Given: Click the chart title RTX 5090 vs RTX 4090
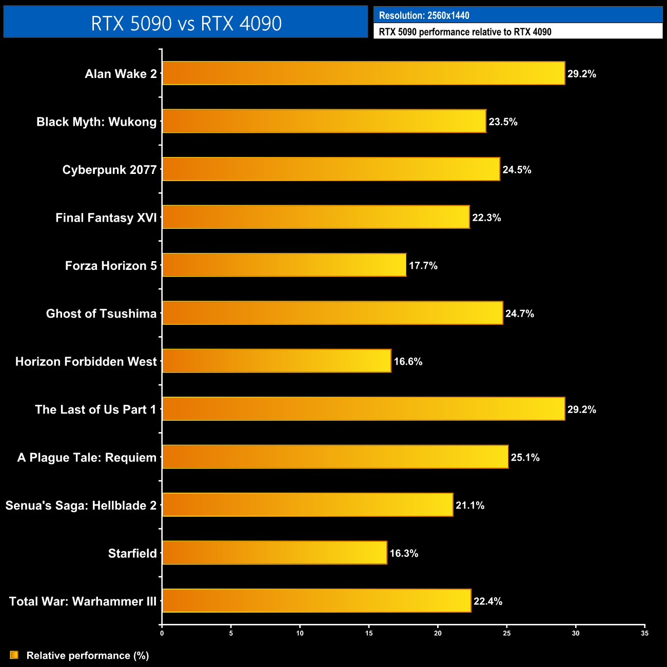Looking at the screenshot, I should pos(186,23).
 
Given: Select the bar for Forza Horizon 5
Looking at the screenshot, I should pos(284,265).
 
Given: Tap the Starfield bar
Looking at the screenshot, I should pos(274,553).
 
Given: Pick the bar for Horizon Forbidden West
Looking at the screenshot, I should pos(277,361).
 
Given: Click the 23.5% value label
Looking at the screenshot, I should pos(503,122).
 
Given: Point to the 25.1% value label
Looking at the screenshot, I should pos(525,458).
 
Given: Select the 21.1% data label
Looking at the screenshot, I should pos(470,505).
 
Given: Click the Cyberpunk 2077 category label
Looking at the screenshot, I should pos(109,170).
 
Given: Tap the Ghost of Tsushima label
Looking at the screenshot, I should pos(101,313).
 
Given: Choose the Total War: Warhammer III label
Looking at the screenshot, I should pos(83,601).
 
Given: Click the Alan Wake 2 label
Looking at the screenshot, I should pos(121,74).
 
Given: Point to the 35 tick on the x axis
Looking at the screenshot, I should pos(644,633).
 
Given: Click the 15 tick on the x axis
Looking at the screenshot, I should pos(369,633).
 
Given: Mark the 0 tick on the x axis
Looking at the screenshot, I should pos(162,633).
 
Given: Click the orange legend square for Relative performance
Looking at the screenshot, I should pos(14,655).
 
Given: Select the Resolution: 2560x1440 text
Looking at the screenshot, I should pos(424,15).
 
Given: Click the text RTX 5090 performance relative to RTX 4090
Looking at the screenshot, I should pos(465,32).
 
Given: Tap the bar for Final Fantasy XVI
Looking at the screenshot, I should pos(316,218).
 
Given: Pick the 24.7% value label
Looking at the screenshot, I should pos(519,313).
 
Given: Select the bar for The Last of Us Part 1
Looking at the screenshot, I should pos(363,409).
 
